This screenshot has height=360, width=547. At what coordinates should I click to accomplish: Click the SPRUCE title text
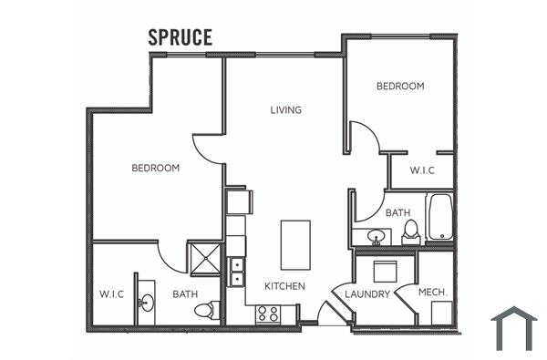click(181, 37)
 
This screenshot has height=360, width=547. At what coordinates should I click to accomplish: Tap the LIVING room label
click(285, 110)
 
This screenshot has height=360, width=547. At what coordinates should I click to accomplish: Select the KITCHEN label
click(284, 286)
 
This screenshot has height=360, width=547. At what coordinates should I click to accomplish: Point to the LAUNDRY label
click(368, 294)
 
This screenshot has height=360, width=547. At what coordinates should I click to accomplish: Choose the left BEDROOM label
click(155, 168)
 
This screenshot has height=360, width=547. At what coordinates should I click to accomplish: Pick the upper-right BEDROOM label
click(400, 87)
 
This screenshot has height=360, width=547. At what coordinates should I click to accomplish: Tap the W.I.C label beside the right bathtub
click(421, 170)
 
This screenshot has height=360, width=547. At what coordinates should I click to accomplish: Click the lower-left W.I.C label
click(112, 294)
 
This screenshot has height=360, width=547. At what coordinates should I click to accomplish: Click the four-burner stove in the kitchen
click(267, 314)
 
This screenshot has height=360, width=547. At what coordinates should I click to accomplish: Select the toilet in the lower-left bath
click(206, 310)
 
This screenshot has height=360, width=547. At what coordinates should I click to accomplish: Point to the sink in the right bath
click(376, 237)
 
